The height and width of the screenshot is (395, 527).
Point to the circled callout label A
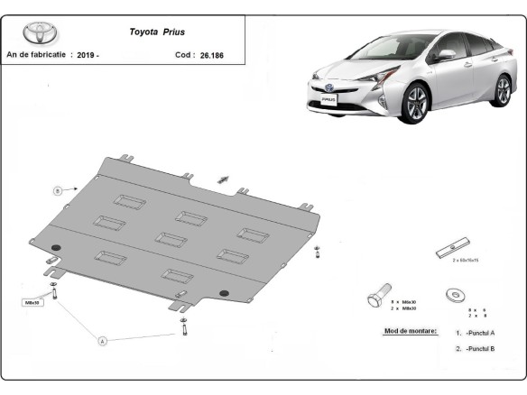coord(102,341)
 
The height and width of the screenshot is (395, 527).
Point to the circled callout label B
coord(56,190)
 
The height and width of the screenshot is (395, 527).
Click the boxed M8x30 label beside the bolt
coord(32,302)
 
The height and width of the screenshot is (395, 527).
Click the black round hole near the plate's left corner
coord(58,248)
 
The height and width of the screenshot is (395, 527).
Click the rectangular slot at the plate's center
coord(169,239)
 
